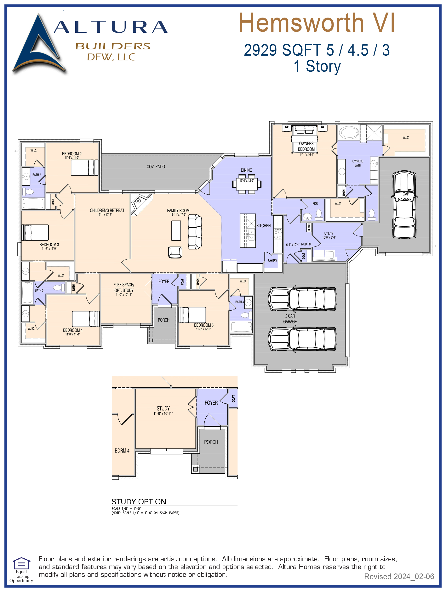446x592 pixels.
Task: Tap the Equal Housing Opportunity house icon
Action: tap(21, 564)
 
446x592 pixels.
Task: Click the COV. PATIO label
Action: tap(156, 166)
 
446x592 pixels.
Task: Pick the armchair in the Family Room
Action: tap(175, 252)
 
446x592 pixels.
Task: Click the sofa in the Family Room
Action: tap(195, 232)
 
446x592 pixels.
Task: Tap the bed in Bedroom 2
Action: tap(84, 168)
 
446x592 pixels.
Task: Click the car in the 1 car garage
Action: tap(404, 205)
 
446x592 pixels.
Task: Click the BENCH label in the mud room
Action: tap(309, 228)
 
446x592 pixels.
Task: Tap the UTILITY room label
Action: tap(329, 233)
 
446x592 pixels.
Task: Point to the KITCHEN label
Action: tap(264, 226)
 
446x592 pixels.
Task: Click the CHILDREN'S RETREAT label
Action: tap(107, 210)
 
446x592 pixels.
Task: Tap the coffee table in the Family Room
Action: tap(176, 230)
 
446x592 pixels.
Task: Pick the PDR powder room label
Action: tap(315, 203)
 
